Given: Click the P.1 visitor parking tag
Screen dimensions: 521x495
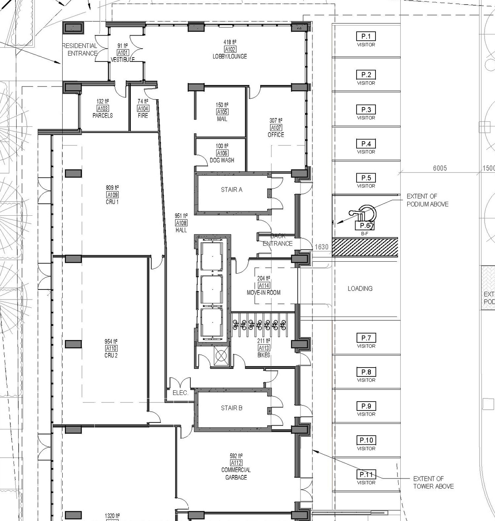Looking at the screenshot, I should (x=366, y=37).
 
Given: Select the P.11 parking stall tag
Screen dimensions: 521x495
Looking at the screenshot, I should (x=366, y=475).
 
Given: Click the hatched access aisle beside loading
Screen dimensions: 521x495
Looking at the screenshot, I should (x=365, y=247).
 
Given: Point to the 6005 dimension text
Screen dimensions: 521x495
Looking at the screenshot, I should (x=440, y=168).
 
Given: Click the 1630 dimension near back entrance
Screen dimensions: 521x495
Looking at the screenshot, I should (x=321, y=247).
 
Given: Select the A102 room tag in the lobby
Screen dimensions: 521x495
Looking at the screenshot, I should (x=230, y=49).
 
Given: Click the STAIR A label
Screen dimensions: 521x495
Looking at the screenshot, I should (x=232, y=190).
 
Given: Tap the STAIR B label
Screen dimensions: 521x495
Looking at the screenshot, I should (x=232, y=408).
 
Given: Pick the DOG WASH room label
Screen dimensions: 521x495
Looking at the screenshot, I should (x=222, y=160).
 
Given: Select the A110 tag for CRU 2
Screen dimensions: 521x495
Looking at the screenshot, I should (x=111, y=348).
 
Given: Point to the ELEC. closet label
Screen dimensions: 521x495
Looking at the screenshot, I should (x=180, y=393).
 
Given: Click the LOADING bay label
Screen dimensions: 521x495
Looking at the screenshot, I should (x=360, y=288).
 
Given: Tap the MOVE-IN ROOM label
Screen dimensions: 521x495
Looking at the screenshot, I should (x=264, y=293).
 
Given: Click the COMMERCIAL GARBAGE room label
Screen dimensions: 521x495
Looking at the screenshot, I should (x=236, y=473).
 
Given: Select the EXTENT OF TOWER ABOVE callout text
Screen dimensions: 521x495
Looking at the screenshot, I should (x=433, y=482).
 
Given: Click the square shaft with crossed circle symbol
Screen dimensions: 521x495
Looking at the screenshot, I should (x=221, y=356).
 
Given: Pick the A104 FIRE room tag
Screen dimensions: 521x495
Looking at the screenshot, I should (x=143, y=109).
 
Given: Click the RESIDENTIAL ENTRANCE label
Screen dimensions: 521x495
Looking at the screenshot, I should (x=80, y=49).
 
